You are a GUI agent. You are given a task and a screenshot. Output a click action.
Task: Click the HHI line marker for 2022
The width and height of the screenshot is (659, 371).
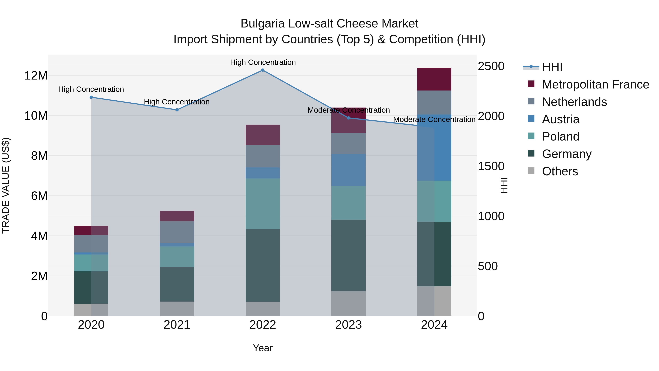click(263, 70)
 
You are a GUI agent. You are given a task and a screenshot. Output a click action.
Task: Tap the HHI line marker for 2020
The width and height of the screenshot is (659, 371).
click(91, 97)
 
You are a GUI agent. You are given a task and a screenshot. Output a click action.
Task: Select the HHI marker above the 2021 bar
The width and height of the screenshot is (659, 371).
click(177, 110)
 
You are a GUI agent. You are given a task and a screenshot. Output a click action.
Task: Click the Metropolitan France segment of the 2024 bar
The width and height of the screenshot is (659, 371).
click(434, 79)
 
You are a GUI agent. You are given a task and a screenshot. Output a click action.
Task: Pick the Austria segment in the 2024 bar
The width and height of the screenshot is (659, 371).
click(434, 147)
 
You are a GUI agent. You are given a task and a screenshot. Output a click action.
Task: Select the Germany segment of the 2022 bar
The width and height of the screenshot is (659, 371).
click(263, 265)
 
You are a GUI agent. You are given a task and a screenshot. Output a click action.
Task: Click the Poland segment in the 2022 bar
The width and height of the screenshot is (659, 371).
click(263, 204)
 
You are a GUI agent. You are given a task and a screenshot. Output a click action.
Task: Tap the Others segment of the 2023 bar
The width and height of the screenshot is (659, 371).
click(348, 303)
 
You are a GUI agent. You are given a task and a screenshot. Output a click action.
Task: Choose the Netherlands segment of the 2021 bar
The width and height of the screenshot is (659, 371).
click(177, 232)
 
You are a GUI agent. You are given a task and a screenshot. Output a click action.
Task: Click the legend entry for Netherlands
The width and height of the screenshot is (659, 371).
click(574, 102)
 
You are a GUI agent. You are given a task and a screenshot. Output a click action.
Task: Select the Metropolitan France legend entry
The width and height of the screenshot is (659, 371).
click(595, 84)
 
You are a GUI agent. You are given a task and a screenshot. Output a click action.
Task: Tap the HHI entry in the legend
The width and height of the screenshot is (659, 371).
click(552, 67)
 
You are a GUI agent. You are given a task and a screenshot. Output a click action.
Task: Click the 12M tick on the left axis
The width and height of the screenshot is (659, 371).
click(36, 75)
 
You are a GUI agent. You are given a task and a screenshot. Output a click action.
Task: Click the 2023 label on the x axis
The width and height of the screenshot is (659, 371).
click(348, 325)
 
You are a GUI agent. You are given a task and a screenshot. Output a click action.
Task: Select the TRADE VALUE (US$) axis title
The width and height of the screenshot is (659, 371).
click(6, 185)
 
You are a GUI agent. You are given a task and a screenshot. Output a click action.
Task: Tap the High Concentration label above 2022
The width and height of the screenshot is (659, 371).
click(263, 62)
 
